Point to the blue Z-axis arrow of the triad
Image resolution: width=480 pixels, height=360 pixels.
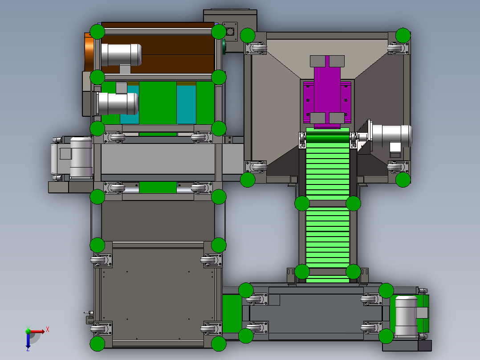click(28, 340)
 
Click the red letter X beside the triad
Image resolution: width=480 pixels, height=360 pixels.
click(48, 330)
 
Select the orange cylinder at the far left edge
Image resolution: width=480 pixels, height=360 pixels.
click(89, 53)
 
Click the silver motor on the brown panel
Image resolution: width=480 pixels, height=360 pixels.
click(121, 55)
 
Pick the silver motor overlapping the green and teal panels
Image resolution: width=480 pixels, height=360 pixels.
click(118, 103)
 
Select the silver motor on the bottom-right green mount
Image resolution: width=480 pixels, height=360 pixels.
click(407, 316)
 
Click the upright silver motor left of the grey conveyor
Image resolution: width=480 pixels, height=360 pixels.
click(81, 157)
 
